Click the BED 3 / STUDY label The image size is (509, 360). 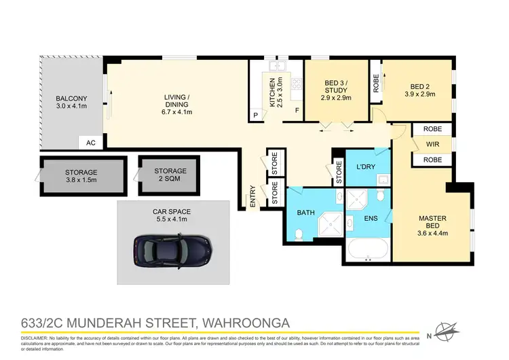coord(336,90)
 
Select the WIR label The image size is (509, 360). coord(432,144)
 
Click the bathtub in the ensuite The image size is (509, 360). coord(367,250)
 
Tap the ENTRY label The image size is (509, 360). coord(253,197)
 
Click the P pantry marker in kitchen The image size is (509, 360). coord(255,115)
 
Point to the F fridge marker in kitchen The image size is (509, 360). coord(296,110)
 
